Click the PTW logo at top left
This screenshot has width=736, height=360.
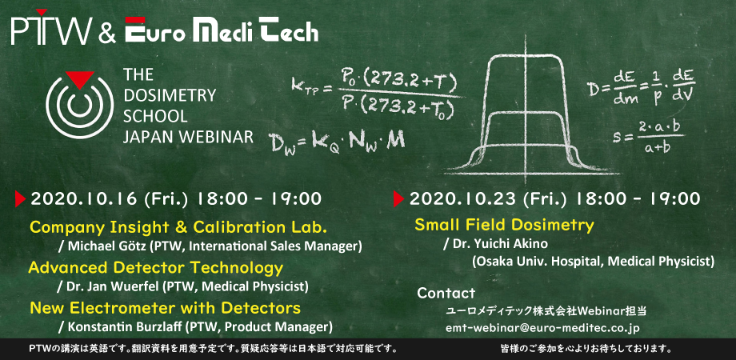(x=52, y=29)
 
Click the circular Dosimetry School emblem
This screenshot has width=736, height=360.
(x=79, y=105)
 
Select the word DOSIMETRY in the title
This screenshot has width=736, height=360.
(x=170, y=95)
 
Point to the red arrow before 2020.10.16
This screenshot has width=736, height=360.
(x=20, y=199)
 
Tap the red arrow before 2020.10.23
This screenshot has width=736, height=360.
(x=398, y=199)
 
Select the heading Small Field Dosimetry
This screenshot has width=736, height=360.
(x=504, y=225)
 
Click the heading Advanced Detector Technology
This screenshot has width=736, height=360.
(x=156, y=268)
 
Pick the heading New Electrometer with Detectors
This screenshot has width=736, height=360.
(x=166, y=308)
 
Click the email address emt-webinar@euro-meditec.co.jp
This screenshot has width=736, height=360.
(x=542, y=328)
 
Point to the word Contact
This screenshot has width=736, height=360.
(x=446, y=294)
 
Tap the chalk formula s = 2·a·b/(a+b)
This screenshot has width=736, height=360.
(x=648, y=136)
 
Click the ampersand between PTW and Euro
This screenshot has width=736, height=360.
(x=107, y=34)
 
